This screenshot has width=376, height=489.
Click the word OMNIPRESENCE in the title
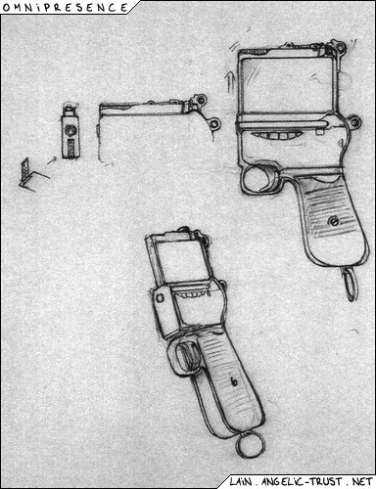(x=66, y=7)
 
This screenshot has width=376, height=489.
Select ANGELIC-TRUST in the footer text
(x=302, y=481)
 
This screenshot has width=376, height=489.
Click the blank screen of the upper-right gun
(x=287, y=85)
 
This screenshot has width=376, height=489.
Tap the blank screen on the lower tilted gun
(x=181, y=261)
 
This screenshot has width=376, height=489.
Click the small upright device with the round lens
(x=70, y=132)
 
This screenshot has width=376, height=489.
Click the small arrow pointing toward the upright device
(x=52, y=160)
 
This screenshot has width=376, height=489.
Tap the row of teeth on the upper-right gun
(x=275, y=136)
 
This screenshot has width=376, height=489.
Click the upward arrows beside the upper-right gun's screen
(x=230, y=81)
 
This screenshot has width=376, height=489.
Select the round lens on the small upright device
(x=70, y=130)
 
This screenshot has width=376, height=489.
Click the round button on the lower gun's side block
(x=161, y=298)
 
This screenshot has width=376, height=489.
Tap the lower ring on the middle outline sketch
(x=215, y=124)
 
